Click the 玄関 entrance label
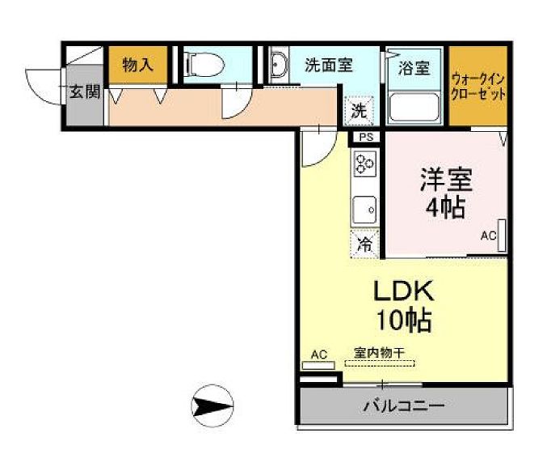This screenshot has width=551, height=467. [83, 91]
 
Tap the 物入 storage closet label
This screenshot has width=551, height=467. [137, 66]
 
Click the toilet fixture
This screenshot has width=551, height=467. [204, 65]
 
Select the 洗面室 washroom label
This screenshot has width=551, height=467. [329, 66]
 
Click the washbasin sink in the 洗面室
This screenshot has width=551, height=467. [278, 65]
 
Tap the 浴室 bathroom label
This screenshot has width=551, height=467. [414, 68]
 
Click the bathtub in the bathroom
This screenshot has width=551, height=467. [413, 106]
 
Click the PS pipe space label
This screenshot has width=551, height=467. [366, 138]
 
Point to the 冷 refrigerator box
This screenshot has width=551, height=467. [365, 242]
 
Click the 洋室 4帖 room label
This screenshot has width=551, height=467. [444, 193]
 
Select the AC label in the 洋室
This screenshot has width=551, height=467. [488, 236]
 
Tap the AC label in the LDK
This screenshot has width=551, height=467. [318, 354]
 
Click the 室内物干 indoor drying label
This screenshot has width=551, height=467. [379, 353]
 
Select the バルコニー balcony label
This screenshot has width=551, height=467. [403, 405]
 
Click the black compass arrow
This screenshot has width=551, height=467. [212, 404]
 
